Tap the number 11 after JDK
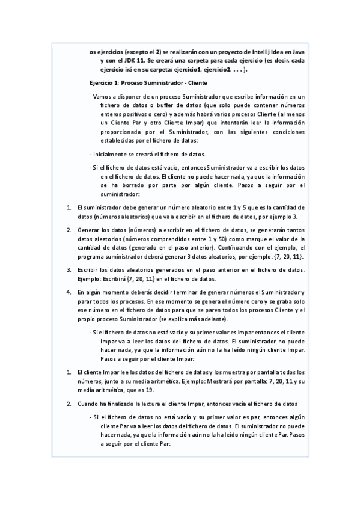[x=138, y=61]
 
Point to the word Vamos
[x=102, y=96]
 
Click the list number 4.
[x=69, y=292]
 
